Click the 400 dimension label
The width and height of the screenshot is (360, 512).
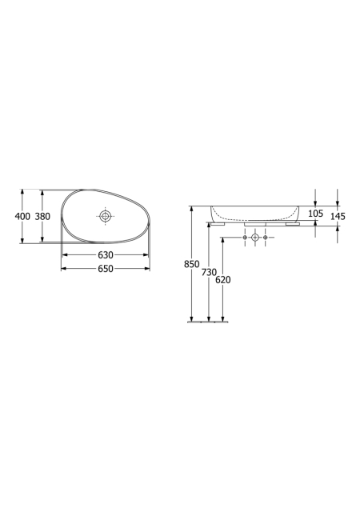click(22, 216)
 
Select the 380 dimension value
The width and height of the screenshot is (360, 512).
click(42, 216)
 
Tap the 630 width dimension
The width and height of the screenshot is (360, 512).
click(106, 254)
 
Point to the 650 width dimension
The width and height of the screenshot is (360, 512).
click(106, 269)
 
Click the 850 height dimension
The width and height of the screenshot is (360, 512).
click(191, 264)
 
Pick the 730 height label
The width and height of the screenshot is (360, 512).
click(209, 272)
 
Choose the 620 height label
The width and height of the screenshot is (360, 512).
click(223, 280)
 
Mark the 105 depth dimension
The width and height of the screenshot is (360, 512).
click(315, 214)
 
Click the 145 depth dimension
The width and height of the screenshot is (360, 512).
click(338, 216)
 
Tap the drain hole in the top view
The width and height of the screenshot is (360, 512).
click(105, 215)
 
